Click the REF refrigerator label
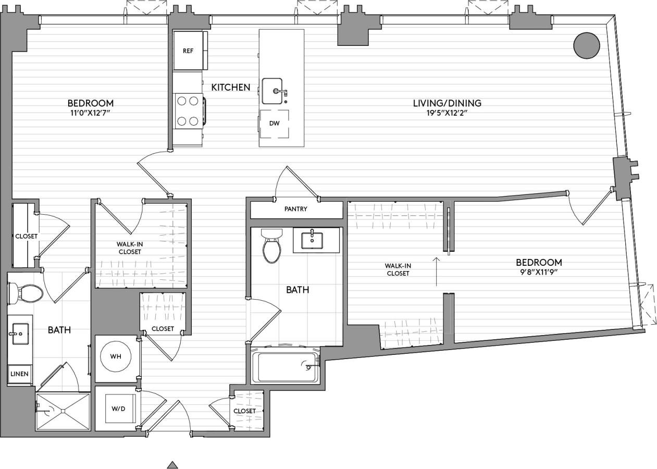[x=188, y=51]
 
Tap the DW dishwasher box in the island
[x=275, y=124]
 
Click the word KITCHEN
[x=230, y=88]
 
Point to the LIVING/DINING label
[x=447, y=103]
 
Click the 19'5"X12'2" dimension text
[x=447, y=113]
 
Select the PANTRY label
[x=295, y=209]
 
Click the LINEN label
[x=20, y=374]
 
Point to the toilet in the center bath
[x=271, y=246]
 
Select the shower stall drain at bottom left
[x=61, y=411]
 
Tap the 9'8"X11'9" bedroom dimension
[x=539, y=273]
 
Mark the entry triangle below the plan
[x=173, y=465]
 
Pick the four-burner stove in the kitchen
[x=188, y=111]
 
